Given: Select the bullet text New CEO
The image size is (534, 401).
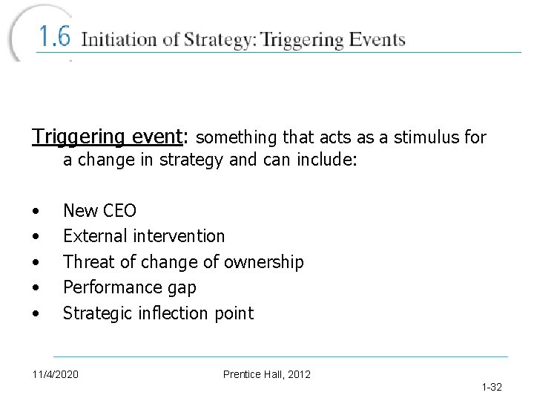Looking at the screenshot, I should (x=99, y=211).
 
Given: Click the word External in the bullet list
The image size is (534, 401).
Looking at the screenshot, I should (x=93, y=236).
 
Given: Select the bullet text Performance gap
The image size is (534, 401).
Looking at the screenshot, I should (x=129, y=287).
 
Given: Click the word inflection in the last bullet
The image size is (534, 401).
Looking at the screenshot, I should (x=171, y=313).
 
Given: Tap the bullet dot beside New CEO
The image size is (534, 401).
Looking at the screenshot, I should (x=36, y=212).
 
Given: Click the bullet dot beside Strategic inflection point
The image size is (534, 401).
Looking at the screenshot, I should (x=36, y=314).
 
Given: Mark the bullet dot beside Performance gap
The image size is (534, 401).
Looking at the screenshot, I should (x=36, y=288).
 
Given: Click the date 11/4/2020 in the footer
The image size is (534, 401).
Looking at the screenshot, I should (x=55, y=374).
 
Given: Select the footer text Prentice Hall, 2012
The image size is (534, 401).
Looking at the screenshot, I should (x=267, y=374).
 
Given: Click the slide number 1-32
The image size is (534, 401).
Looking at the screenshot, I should (x=491, y=387).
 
